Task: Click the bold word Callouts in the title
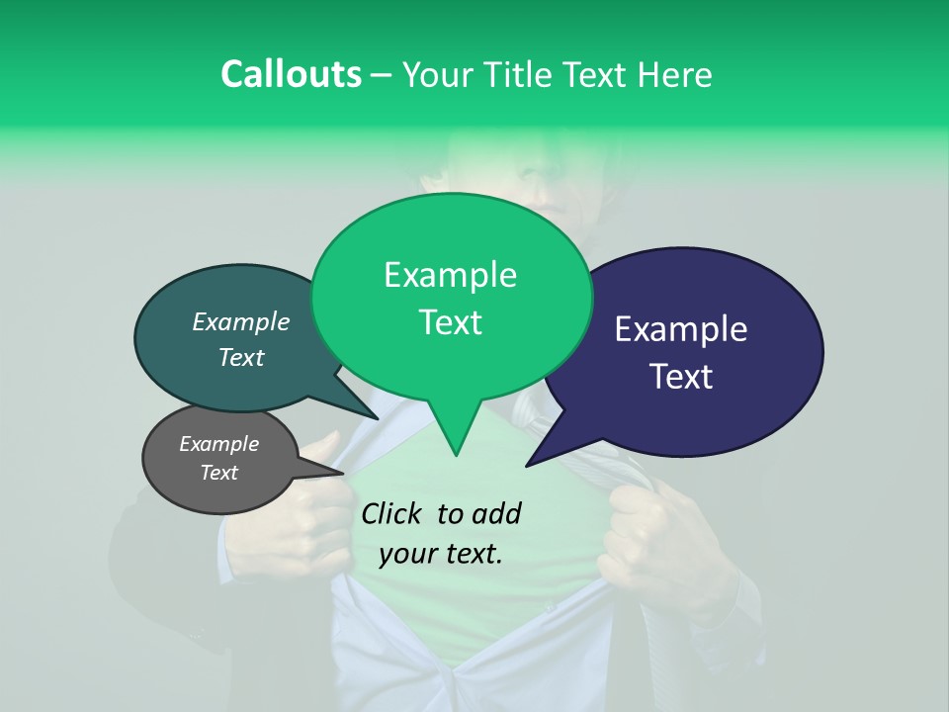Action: pos(291,74)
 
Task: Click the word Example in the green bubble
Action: pos(450,275)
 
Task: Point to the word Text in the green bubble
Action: pos(450,322)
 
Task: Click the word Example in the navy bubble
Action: pos(681,329)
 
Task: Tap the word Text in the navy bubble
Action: pos(681,377)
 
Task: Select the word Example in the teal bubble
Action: pos(241,322)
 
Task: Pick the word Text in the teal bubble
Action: pos(241,357)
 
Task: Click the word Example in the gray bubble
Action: pos(219,444)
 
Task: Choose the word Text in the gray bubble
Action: pos(219,473)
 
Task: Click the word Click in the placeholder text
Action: pos(392,513)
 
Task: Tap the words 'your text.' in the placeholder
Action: pos(441,554)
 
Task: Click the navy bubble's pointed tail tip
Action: pos(528,465)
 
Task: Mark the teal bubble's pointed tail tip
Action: pos(377,417)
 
